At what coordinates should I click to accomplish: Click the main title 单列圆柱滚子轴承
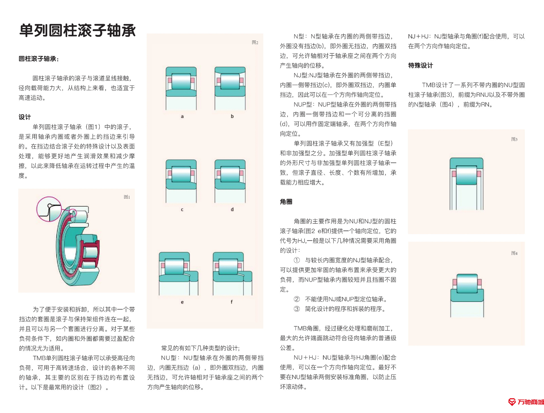(x=77, y=31)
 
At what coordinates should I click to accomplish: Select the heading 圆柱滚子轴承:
(x=39, y=59)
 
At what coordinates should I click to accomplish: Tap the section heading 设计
(x=25, y=117)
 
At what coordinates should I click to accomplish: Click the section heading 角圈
(x=286, y=202)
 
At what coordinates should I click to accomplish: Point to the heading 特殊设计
(x=420, y=66)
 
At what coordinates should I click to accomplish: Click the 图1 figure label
(x=127, y=197)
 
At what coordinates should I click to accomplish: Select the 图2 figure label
(x=255, y=42)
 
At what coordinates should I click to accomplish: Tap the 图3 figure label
(x=514, y=139)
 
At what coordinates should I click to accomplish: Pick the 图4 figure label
(x=514, y=253)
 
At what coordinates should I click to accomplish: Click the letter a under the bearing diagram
(x=182, y=116)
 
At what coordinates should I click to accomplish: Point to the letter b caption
(x=232, y=116)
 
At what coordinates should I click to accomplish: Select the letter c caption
(x=182, y=210)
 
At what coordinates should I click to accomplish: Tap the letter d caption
(x=232, y=210)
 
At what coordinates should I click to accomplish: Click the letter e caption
(x=182, y=302)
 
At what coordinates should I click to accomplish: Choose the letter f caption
(x=231, y=302)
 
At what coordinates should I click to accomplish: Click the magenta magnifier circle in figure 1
(x=49, y=209)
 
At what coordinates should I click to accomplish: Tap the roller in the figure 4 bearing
(x=467, y=283)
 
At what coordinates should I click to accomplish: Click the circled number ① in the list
(x=297, y=260)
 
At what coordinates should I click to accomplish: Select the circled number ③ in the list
(x=297, y=309)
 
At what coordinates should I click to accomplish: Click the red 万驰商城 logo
(x=526, y=402)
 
